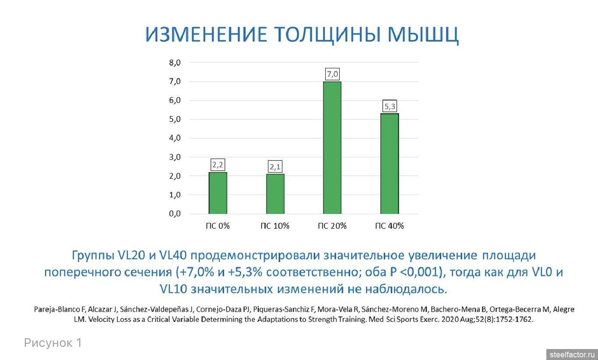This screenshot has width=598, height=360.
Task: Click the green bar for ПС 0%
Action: point(218,193)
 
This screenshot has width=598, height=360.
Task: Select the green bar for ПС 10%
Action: point(275,194)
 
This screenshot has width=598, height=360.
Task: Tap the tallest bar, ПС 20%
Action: point(332,148)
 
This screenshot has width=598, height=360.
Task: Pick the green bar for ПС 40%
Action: point(390,164)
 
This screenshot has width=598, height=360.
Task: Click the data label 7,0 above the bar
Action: point(332,74)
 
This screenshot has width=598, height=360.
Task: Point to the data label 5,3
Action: point(390,106)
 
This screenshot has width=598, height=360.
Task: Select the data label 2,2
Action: point(218,165)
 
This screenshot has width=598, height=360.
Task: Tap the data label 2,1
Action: point(275,167)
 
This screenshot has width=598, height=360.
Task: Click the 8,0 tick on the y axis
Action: point(175,63)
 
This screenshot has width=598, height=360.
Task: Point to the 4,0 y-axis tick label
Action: point(175,138)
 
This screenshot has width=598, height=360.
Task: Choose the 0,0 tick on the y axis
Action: point(175,214)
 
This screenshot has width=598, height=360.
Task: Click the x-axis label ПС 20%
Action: point(332,226)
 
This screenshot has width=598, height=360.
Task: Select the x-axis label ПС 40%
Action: point(390,226)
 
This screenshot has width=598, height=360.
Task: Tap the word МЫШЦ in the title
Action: point(423,35)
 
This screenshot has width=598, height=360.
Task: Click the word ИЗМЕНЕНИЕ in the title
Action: point(206,35)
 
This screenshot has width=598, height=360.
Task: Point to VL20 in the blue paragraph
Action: point(131,255)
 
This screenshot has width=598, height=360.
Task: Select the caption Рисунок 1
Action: point(53,342)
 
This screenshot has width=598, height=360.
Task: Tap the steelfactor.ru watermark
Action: point(572,355)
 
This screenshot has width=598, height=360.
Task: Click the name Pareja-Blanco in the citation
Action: point(57,309)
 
